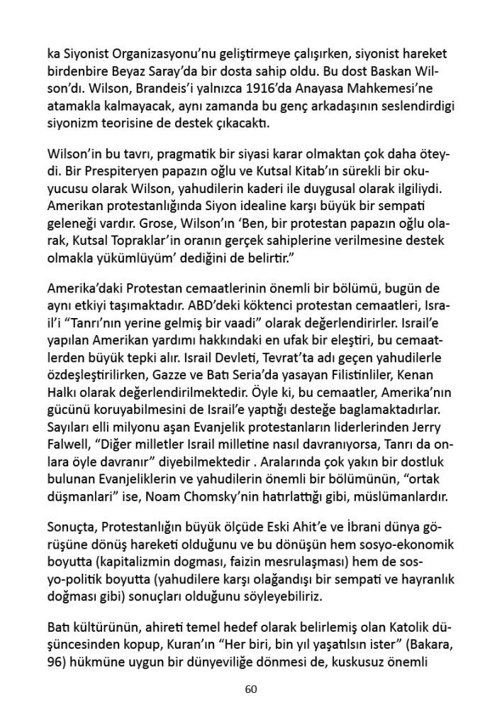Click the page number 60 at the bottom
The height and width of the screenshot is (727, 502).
250,689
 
